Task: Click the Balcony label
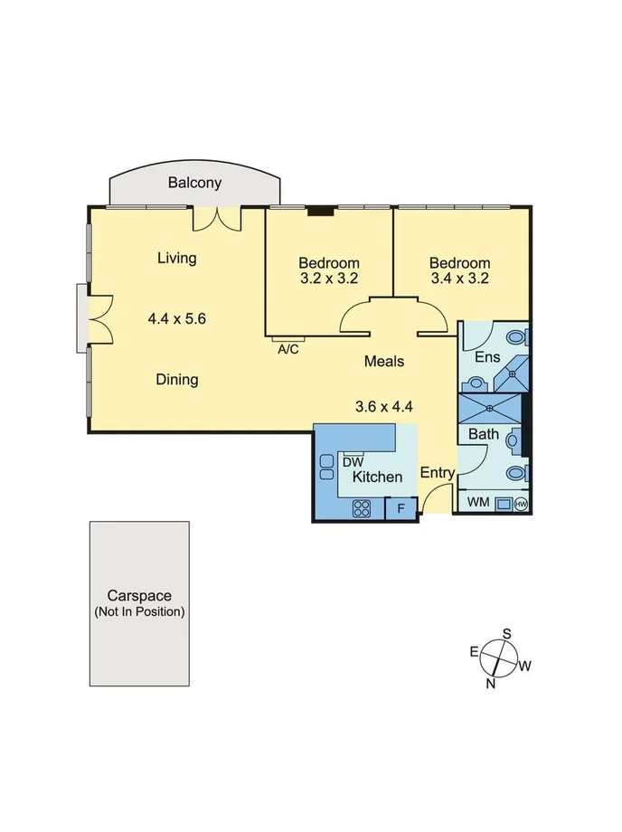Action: tap(194, 183)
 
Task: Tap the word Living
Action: tap(176, 259)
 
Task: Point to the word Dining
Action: tap(176, 380)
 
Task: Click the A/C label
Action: tap(288, 349)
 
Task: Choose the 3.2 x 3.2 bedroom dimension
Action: tap(329, 279)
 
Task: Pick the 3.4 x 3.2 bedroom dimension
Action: tap(459, 279)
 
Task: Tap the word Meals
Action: tap(383, 362)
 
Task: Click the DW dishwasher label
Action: tap(353, 462)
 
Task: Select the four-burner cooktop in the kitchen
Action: tap(363, 508)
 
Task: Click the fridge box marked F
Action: tap(401, 509)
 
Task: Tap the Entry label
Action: tap(438, 473)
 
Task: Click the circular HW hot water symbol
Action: tap(521, 504)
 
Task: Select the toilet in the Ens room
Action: tap(516, 337)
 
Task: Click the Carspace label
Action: tap(139, 596)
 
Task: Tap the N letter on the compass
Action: tap(491, 684)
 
